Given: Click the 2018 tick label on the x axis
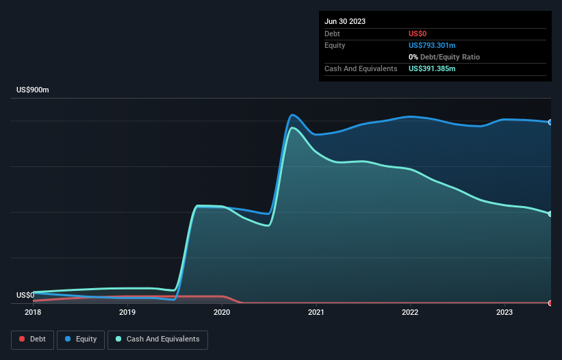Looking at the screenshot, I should pyautogui.click(x=33, y=312).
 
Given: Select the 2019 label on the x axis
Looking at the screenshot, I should pyautogui.click(x=127, y=312).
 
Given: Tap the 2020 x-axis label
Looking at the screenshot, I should pyautogui.click(x=221, y=312).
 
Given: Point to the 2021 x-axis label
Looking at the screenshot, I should pyautogui.click(x=316, y=312).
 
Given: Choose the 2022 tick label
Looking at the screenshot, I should pyautogui.click(x=410, y=312).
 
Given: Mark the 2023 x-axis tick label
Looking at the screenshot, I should pyautogui.click(x=504, y=312).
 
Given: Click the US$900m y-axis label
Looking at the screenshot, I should pyautogui.click(x=33, y=90).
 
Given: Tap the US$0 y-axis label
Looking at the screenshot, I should pyautogui.click(x=25, y=296).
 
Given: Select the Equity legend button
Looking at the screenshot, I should pyautogui.click(x=81, y=339).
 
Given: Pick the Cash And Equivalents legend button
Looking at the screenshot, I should pyautogui.click(x=157, y=339).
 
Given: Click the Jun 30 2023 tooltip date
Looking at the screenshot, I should pyautogui.click(x=345, y=21).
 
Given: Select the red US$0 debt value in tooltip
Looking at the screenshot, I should pyautogui.click(x=418, y=34).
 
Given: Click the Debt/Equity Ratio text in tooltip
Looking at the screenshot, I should pyautogui.click(x=448, y=57).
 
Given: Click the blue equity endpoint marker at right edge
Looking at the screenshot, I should pyautogui.click(x=550, y=123).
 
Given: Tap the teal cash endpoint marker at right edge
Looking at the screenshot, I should pyautogui.click(x=550, y=214).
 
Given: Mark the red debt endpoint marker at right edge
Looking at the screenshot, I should pyautogui.click(x=550, y=303).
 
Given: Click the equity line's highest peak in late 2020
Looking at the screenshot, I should pyautogui.click(x=293, y=114).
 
